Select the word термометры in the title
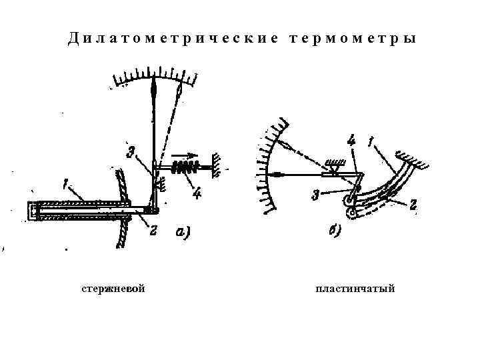[x=354, y=38]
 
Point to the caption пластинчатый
[x=357, y=289]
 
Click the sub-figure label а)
[x=181, y=232]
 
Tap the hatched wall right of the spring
[x=215, y=164]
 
